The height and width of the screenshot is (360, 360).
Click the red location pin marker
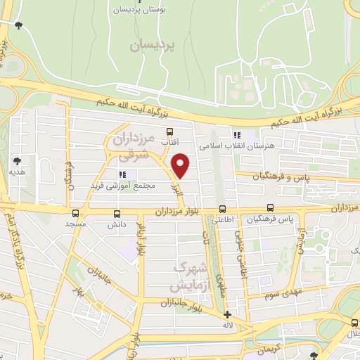click(181, 166)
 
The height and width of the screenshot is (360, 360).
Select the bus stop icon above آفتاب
click(169, 131)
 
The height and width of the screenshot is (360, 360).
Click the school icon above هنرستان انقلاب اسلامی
click(236, 135)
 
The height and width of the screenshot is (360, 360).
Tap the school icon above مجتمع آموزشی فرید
click(123, 174)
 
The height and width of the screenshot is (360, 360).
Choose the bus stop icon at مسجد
click(75, 213)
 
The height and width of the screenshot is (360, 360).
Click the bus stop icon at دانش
click(116, 214)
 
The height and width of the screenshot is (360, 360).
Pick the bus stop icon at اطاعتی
click(223, 209)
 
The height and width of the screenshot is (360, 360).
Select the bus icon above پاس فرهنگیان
click(270, 209)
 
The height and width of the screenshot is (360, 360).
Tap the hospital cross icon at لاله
click(227, 314)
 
